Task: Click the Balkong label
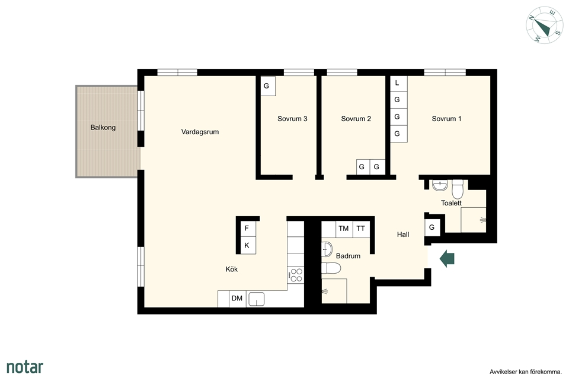point(103,128)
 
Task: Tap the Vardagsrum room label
point(200,132)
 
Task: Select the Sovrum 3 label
point(292,119)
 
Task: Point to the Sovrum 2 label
point(356,119)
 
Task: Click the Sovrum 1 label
point(446,119)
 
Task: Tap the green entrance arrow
point(447,258)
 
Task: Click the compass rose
point(544,25)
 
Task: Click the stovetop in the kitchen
point(296,275)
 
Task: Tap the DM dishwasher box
point(237,299)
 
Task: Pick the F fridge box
point(247,229)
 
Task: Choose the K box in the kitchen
point(247,245)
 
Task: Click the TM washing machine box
point(344,229)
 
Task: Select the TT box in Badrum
point(361,229)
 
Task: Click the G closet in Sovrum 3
point(268,86)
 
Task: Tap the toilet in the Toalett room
point(457,189)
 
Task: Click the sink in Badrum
point(327,249)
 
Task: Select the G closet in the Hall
point(432,227)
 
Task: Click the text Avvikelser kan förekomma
point(526,372)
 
